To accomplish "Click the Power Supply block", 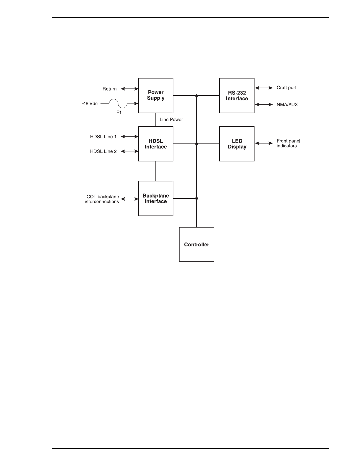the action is [155, 96].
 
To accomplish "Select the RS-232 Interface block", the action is [237, 96].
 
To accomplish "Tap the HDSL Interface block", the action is [155, 144].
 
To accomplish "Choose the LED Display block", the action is [237, 144].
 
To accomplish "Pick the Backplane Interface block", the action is [155, 198].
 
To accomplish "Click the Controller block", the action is [197, 245].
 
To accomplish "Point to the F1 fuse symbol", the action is [118, 103].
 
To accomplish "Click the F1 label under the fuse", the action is [119, 112].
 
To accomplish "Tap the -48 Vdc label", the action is [89, 103].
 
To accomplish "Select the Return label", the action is [110, 89].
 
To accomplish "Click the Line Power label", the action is [171, 119].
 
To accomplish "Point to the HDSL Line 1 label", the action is [103, 137].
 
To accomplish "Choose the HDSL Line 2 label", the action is [103, 151].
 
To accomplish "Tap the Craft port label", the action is [287, 88].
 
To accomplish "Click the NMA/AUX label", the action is [287, 105].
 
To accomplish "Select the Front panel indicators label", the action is [288, 143].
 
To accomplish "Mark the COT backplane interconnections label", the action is [102, 199].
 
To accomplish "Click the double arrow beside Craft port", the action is [264, 88].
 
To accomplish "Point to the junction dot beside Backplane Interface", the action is [197, 198].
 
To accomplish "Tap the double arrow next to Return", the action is [129, 89].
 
